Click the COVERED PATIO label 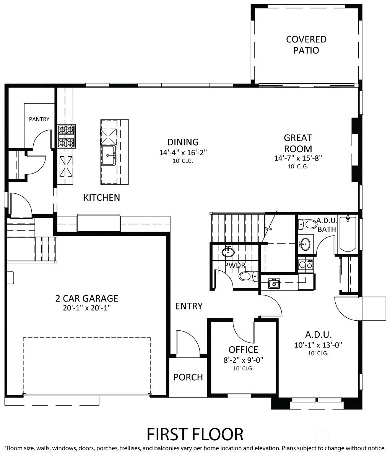tap(306, 45)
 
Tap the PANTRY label tap(39, 119)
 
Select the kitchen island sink tap(108, 156)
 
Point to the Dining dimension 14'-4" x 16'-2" tap(183, 153)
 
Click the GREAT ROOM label tap(298, 143)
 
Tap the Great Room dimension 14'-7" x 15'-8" tap(298, 158)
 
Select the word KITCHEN tap(102, 198)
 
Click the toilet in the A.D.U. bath tap(308, 224)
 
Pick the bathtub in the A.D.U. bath tap(348, 234)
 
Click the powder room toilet tap(249, 276)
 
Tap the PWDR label tap(235, 265)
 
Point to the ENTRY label tap(189, 306)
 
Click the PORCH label tap(188, 377)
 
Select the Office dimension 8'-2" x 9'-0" tap(244, 360)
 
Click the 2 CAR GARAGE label tap(87, 299)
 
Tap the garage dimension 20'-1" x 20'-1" tap(87, 308)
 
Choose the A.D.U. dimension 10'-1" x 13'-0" tap(318, 345)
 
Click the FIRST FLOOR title tap(195, 435)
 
